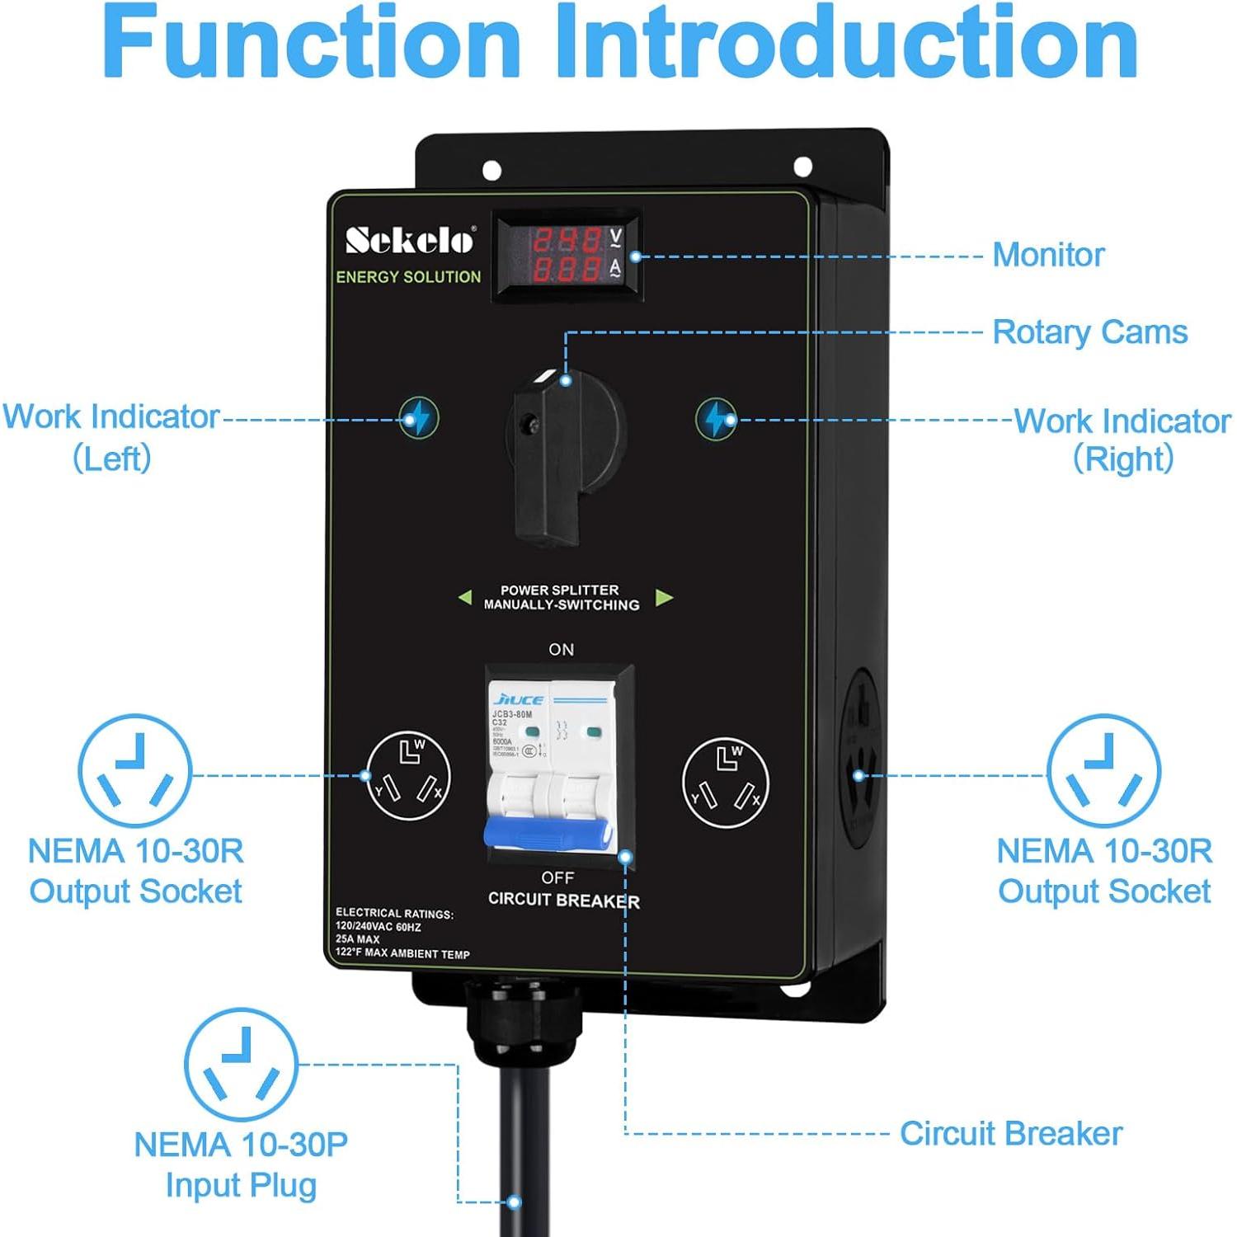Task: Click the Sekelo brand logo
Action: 410,240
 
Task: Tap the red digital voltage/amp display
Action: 567,254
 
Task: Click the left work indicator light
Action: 419,418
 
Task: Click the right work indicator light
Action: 716,419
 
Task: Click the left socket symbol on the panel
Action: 408,776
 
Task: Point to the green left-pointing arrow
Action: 464,597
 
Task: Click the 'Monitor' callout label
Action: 1048,255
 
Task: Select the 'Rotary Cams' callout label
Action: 1089,332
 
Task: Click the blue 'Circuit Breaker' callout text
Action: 1010,1134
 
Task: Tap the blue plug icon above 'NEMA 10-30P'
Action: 241,1064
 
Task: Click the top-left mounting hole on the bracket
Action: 492,171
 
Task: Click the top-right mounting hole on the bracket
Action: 802,167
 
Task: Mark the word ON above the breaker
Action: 562,650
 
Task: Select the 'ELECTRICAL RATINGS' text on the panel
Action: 394,914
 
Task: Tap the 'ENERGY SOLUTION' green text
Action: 408,277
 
